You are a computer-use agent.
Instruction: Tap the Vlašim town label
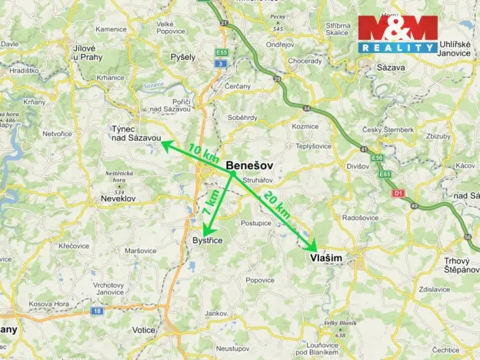click(326, 258)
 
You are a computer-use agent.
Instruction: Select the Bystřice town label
click(207, 241)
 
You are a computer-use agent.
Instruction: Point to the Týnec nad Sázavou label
click(135, 133)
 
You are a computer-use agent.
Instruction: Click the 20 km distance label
click(276, 205)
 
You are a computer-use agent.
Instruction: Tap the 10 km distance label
click(203, 150)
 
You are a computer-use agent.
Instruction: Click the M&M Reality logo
click(398, 35)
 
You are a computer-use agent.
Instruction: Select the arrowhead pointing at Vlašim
click(312, 247)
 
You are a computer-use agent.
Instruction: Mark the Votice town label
click(144, 329)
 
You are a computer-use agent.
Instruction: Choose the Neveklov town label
click(118, 198)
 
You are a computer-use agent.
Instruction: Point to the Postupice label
click(255, 223)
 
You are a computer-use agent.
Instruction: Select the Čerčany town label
click(239, 86)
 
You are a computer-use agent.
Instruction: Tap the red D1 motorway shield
click(398, 192)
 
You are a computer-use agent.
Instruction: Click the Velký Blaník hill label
click(340, 323)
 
